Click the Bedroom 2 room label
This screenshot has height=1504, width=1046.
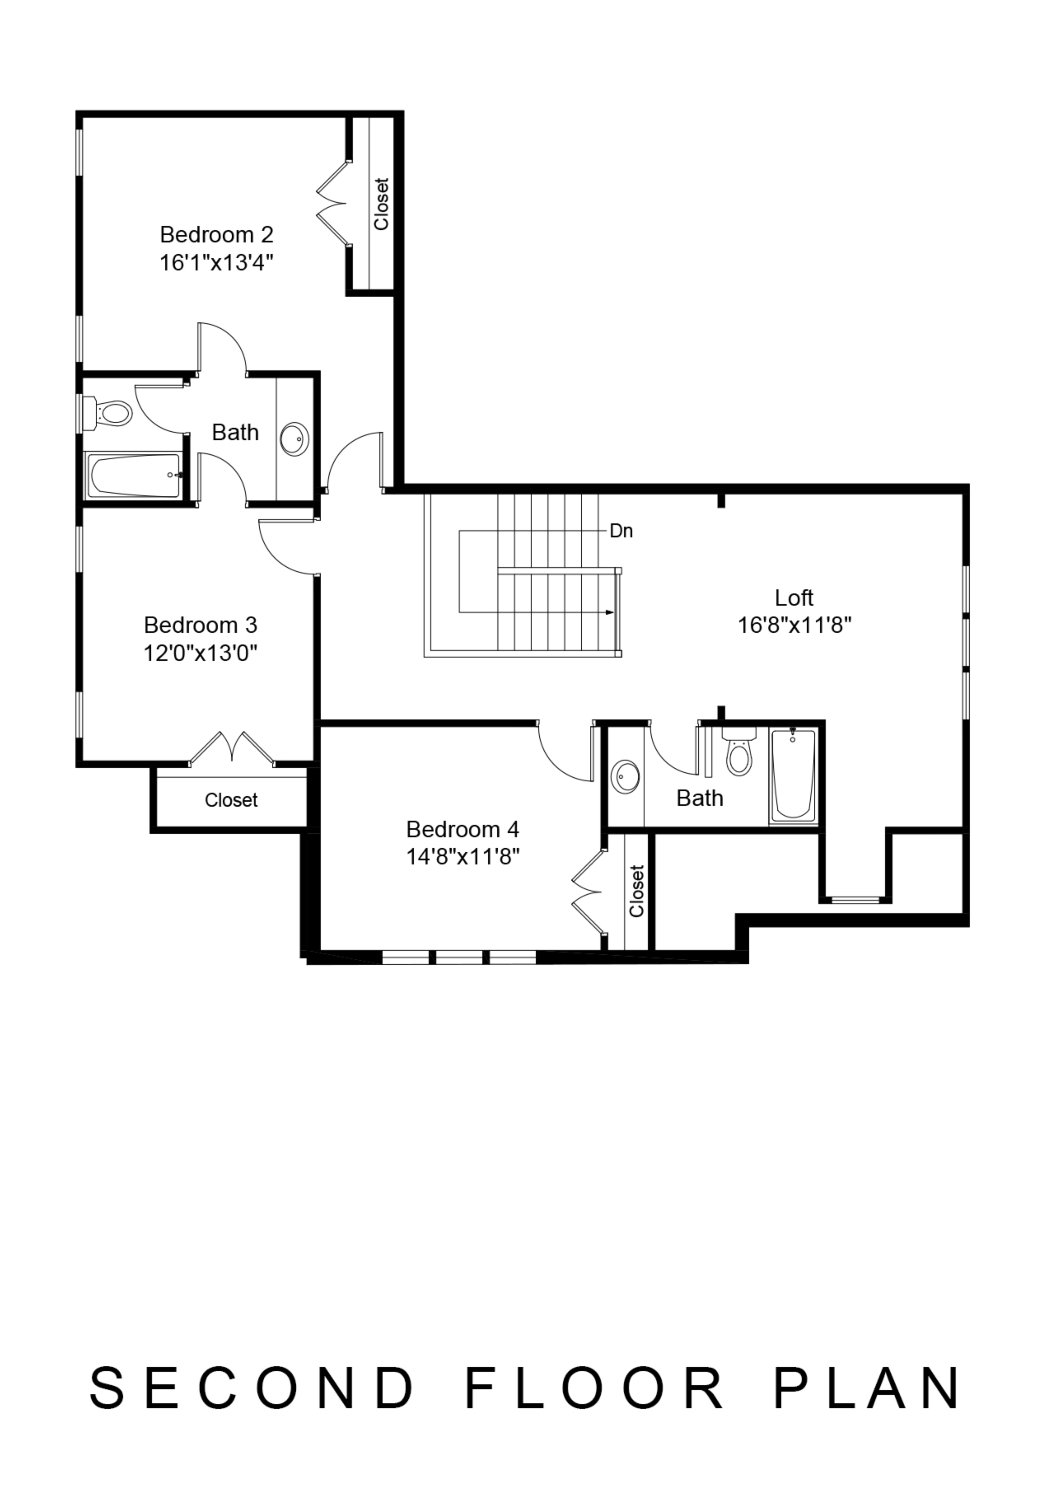[217, 234]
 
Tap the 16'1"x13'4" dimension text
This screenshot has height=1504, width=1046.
[217, 263]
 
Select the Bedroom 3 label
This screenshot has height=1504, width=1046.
[201, 625]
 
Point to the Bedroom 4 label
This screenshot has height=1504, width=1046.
[463, 829]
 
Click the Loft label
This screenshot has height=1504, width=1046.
[794, 597]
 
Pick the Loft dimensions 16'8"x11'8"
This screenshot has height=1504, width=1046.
[795, 626]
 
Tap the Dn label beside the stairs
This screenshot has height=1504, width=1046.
[621, 531]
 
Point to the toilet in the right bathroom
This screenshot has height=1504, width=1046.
[739, 751]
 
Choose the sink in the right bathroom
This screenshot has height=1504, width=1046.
[626, 777]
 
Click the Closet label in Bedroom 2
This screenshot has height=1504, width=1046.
[381, 204]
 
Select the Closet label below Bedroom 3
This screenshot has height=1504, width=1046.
[231, 800]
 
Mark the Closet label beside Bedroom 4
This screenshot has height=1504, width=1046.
[636, 890]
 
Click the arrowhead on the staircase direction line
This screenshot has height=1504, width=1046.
[609, 612]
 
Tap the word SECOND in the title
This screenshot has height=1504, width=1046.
[251, 1388]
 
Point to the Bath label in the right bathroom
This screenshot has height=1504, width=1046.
[700, 798]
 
